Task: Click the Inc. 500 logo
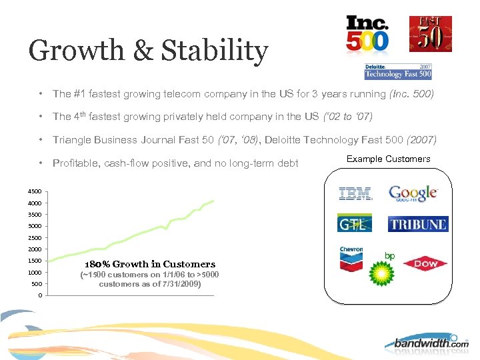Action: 367,34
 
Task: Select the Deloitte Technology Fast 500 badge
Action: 399,71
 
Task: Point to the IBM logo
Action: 355,194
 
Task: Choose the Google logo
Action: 413,194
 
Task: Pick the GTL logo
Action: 354,224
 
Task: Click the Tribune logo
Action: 418,224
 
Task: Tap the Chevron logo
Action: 351,259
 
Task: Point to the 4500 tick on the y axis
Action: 33,192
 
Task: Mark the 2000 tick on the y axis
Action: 33,249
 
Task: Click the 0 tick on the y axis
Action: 39,295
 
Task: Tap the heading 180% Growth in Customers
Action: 150,264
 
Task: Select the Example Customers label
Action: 389,159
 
